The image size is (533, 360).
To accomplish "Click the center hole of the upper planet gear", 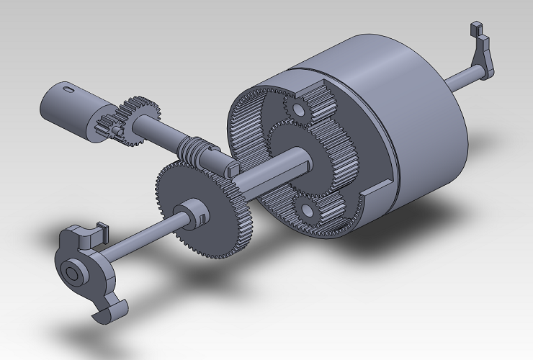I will (x=295, y=109).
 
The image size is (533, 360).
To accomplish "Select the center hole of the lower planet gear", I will (x=308, y=210).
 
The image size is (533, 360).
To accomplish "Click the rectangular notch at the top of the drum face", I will (x=314, y=90).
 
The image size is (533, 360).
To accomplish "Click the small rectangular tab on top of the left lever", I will (x=99, y=229).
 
